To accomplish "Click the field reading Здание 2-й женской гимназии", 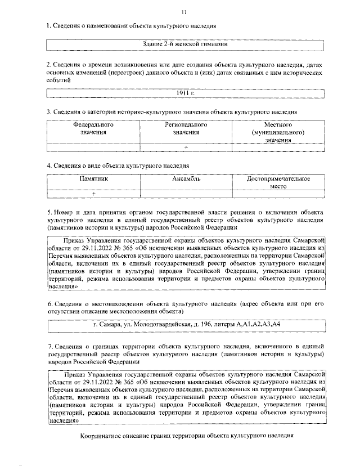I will pos(187,44).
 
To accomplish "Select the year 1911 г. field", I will pos(187,93).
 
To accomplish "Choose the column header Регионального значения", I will pos(186,128).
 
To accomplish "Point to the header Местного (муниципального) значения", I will pos(279,132).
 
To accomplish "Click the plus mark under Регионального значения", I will pos(186,147).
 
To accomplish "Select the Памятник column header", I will pos(93,179).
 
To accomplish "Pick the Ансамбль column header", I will pos(186,179).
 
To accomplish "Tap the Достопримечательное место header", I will pos(279,182).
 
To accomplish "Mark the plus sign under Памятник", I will pos(93,194).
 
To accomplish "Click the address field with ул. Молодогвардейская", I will pos(187,326).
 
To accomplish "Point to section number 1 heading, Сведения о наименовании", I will pos(131,26).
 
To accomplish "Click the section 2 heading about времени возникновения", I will pos(186,72).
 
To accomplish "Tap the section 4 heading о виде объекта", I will pos(118,165).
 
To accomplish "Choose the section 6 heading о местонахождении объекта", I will pos(186,307).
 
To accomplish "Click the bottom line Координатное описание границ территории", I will pos(187,436).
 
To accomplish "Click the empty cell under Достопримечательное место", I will pos(279,194).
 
